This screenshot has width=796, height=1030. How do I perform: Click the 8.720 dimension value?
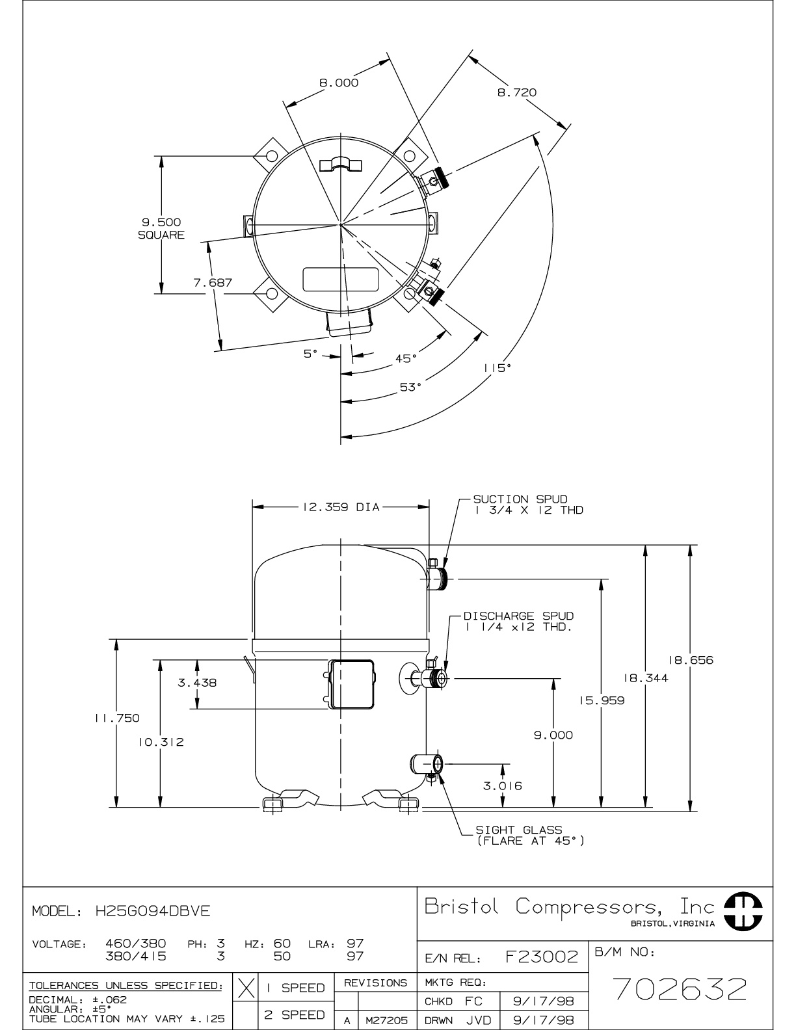(516, 92)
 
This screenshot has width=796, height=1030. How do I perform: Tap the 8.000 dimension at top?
(339, 83)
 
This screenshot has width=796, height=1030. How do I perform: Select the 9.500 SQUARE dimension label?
(161, 228)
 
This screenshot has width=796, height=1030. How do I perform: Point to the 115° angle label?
(497, 368)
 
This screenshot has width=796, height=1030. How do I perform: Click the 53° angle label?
(410, 388)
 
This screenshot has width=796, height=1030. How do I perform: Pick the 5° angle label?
(310, 354)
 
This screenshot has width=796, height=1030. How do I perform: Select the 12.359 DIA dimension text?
(341, 507)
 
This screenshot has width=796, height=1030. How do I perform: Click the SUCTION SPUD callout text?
(528, 505)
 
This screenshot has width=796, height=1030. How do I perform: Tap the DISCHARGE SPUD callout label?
(518, 622)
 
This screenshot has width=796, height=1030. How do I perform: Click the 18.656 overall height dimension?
(690, 660)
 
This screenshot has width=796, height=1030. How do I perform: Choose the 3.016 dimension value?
(503, 786)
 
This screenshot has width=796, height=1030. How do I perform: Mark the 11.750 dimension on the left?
(117, 718)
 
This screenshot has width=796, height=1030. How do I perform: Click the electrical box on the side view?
(350, 685)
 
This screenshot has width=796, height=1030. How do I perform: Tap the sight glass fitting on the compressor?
(427, 765)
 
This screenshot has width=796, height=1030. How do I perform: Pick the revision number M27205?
(386, 1021)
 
